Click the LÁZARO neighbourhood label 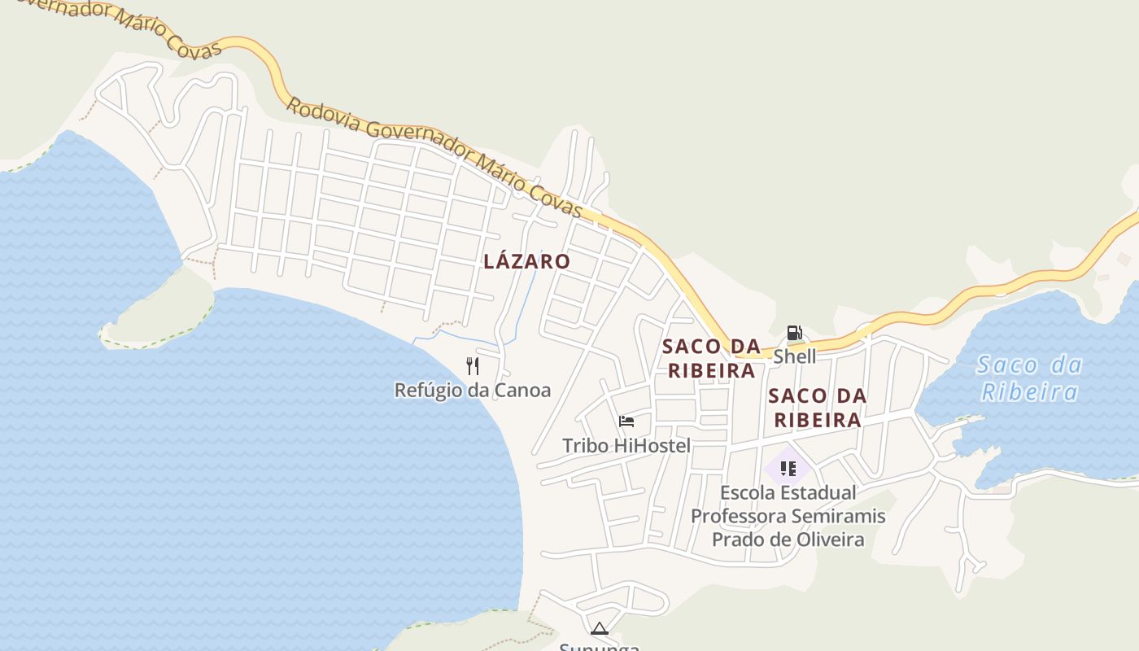[526, 261]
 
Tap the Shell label [794, 356]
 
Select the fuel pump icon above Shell [794, 333]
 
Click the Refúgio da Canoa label [472, 391]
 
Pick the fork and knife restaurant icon [472, 366]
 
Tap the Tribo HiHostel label [626, 446]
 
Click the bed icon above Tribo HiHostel [626, 422]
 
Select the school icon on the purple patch [788, 468]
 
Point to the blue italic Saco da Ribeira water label [1029, 378]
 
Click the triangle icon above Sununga [600, 628]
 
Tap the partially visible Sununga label [600, 647]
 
